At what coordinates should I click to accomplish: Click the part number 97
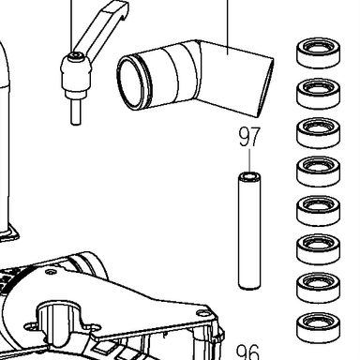click(249, 136)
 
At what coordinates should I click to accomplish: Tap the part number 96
click(247, 352)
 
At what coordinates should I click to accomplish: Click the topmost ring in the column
click(318, 53)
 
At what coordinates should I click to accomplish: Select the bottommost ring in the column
click(318, 328)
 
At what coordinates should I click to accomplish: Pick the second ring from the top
click(318, 93)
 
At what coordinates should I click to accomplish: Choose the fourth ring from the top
click(318, 172)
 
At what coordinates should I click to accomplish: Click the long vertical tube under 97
click(249, 231)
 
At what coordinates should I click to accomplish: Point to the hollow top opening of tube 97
click(249, 177)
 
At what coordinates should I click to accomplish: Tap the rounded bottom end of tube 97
click(249, 285)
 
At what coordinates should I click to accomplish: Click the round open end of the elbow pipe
click(132, 82)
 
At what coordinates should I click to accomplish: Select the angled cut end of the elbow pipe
click(265, 88)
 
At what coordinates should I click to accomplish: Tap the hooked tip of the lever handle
click(123, 10)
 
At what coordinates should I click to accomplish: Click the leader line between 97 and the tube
click(249, 160)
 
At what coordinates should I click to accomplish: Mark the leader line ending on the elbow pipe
click(228, 27)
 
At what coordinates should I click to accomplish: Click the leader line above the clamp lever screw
click(72, 26)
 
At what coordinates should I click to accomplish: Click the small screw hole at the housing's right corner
click(199, 312)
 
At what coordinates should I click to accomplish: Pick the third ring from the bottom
click(318, 249)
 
